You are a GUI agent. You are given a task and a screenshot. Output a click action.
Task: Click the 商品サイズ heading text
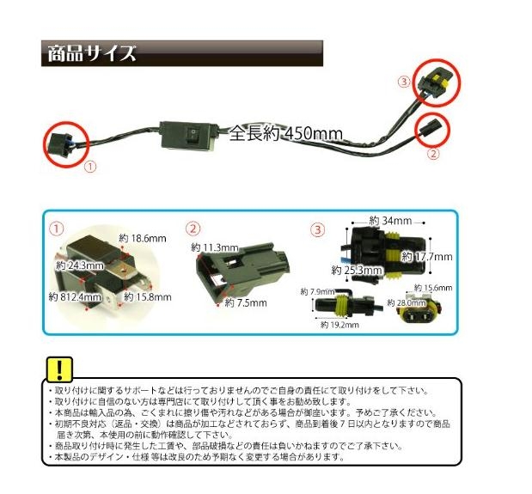click(89, 53)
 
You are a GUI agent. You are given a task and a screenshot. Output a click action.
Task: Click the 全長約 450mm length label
click(285, 133)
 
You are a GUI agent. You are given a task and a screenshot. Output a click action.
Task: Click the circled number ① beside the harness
click(90, 161)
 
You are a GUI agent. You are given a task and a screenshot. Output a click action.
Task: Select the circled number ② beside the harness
click(432, 155)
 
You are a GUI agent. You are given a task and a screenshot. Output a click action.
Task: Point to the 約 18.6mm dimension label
click(142, 238)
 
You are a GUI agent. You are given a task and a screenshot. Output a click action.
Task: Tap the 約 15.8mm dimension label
click(149, 297)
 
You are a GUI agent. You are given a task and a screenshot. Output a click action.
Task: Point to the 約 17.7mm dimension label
click(429, 256)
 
